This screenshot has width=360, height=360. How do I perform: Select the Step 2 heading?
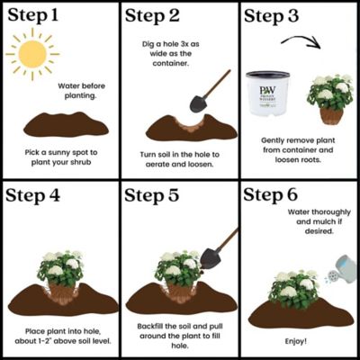[x=157, y=17]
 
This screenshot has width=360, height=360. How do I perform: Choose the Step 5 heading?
[x=158, y=195]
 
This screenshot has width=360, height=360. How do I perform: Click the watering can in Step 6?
[x=338, y=266]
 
